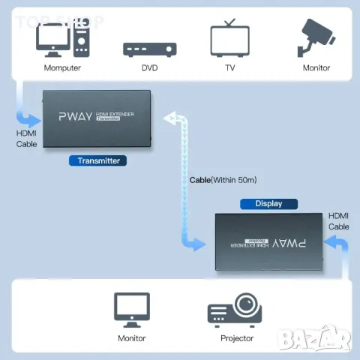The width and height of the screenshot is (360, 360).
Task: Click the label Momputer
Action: coord(62,68)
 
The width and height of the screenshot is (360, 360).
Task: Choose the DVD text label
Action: coord(149,68)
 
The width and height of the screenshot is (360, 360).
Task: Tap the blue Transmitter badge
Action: coord(98,160)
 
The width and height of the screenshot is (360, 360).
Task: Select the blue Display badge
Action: coord(268,203)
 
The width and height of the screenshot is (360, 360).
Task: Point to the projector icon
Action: coord(236,307)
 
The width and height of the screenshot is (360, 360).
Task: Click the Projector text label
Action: coord(236,338)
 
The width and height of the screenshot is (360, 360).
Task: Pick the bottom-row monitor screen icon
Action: coord(131,308)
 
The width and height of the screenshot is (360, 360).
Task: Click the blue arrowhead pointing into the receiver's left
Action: coord(196,244)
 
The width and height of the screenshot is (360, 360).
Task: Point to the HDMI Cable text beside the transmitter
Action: coord(26,138)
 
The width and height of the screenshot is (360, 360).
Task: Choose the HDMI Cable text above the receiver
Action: coord(338,221)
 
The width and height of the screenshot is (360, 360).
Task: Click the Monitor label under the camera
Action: coord(316,68)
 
